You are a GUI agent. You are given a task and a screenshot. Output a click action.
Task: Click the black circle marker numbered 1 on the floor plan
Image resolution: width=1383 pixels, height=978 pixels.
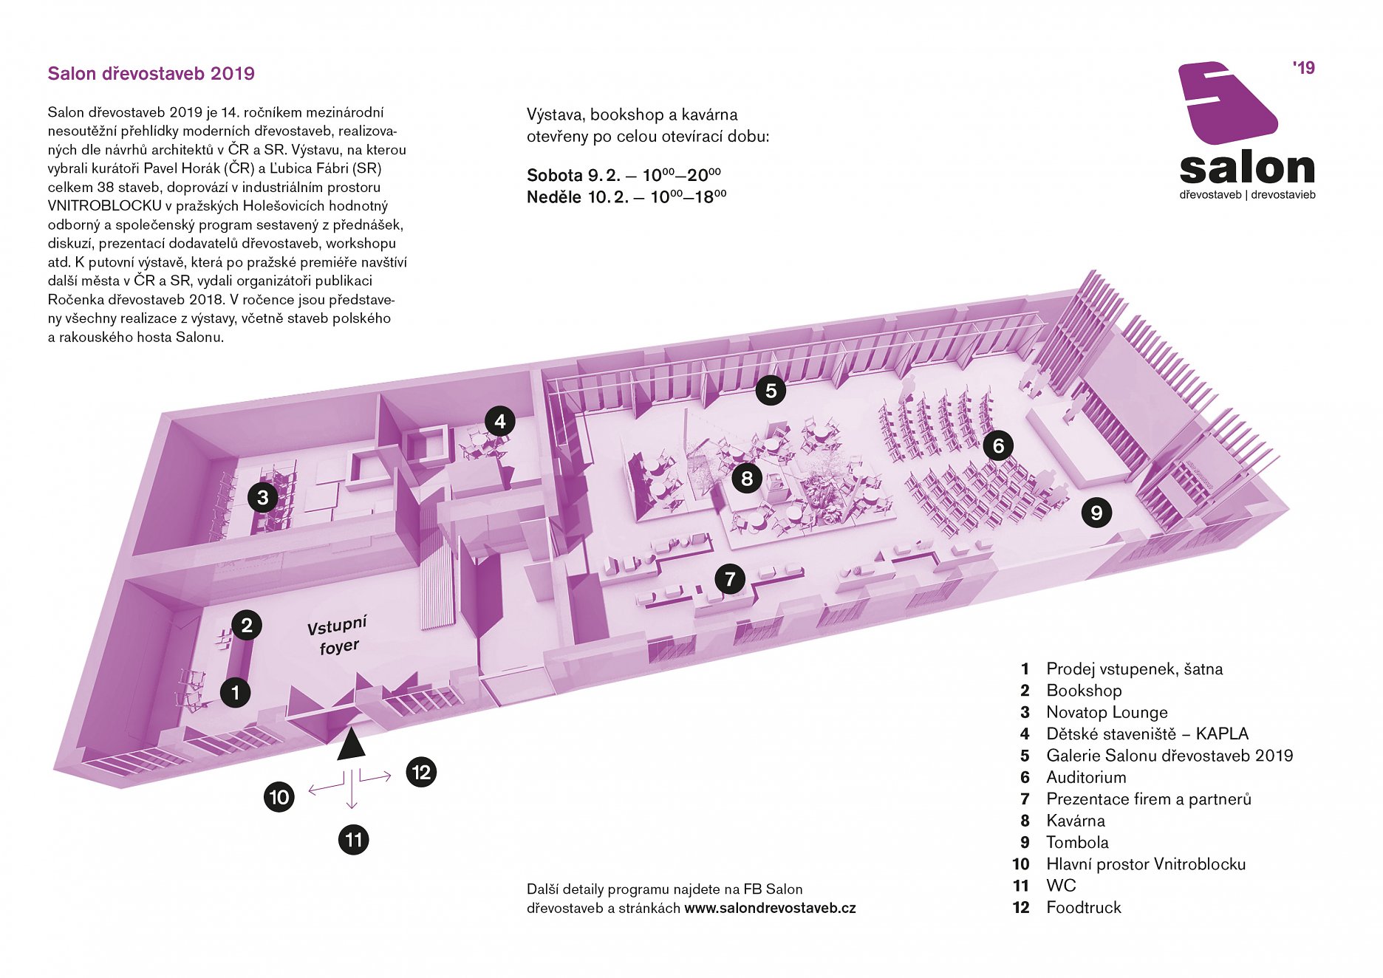point(236,693)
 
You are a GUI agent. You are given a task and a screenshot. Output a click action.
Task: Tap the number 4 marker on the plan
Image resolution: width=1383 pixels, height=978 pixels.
point(500,422)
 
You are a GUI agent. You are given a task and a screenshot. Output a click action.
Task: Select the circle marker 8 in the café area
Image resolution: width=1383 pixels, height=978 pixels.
point(747,479)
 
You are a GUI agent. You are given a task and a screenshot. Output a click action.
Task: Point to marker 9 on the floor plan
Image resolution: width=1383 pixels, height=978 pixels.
point(1096,513)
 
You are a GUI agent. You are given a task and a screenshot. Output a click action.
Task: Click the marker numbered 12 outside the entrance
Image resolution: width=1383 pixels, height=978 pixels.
point(421,773)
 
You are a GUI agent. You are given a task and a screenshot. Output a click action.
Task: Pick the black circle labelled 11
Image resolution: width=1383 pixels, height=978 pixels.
point(354,840)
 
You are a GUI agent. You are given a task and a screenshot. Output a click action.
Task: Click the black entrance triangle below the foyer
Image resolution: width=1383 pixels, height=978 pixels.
point(351,745)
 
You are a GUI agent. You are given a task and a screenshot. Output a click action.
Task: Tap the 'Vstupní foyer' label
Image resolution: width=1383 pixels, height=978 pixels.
point(338,636)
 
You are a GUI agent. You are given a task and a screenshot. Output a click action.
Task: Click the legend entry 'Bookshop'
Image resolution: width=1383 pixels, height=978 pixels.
point(1084,691)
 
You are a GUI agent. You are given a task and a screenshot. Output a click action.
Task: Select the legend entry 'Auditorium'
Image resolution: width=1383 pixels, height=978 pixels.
point(1086,777)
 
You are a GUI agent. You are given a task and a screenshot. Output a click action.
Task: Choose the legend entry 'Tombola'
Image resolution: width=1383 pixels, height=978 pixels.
point(1077,842)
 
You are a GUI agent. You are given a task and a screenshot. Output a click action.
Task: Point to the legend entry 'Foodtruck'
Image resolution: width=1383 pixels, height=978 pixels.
point(1084,907)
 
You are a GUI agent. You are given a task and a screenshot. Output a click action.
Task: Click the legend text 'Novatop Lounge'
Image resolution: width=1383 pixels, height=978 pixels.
point(1107,712)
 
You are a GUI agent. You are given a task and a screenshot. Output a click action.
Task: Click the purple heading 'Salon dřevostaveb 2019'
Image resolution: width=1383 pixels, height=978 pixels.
point(151,74)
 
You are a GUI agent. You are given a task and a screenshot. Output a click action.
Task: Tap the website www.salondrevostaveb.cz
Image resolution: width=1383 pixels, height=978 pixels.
point(770,909)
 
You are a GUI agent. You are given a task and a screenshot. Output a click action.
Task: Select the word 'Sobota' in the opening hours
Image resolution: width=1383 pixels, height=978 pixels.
point(555,176)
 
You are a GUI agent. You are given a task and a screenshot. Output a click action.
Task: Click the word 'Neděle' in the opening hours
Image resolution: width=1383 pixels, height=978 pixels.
point(554,197)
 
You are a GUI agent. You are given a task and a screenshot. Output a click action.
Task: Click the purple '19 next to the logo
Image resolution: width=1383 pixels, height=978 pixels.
point(1304,68)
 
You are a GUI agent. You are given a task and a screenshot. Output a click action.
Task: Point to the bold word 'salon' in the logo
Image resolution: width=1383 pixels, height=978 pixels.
point(1247,169)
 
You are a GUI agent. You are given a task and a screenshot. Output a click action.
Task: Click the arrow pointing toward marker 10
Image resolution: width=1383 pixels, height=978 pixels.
point(326,788)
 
